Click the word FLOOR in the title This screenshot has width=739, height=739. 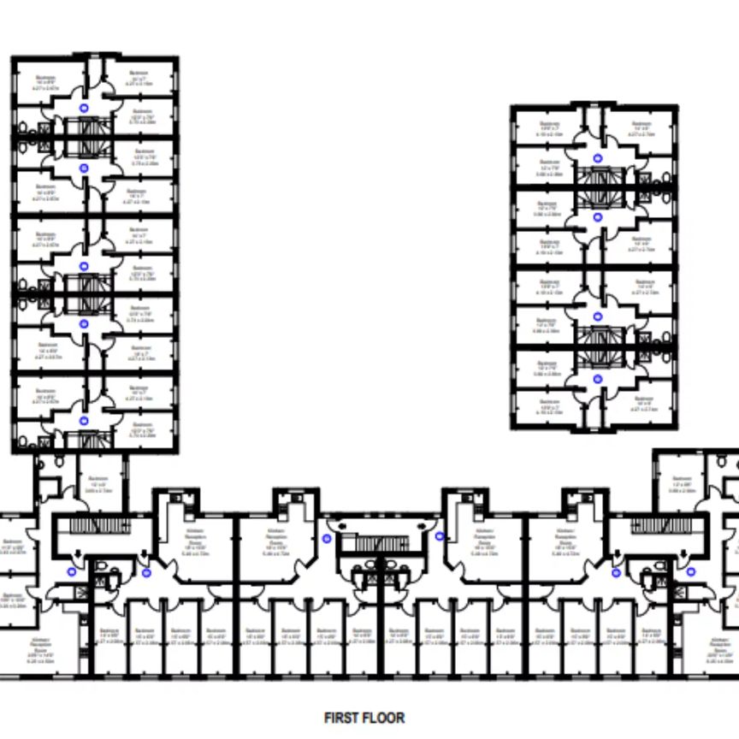click(384, 718)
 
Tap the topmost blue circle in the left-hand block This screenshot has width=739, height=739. click(84, 107)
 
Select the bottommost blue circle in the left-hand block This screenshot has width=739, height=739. click(84, 421)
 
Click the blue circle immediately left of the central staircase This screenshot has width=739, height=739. click(327, 538)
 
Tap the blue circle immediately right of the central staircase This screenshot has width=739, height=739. click(440, 536)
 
